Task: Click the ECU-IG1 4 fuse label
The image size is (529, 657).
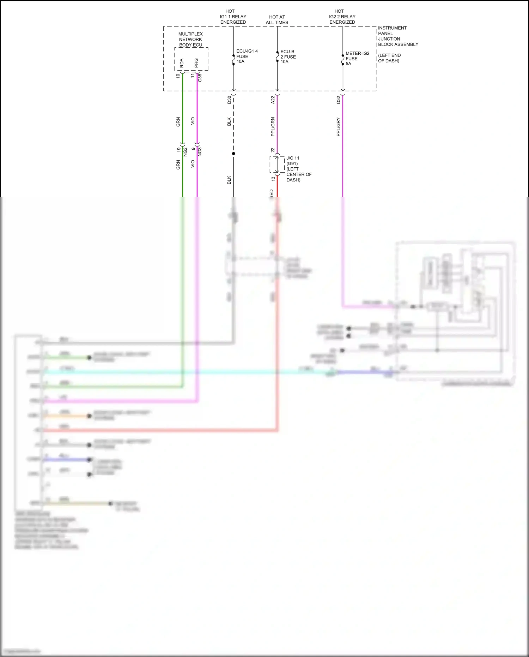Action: coord(247,56)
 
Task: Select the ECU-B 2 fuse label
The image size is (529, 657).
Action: coord(288,57)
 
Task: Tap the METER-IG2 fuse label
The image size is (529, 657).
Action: coord(357,59)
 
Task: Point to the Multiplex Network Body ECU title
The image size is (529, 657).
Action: coord(190,40)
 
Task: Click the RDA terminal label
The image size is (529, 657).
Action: coord(182,63)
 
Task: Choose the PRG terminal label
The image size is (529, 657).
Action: coord(196,63)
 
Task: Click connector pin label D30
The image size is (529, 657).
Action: coord(229,100)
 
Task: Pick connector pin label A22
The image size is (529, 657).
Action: coord(273,100)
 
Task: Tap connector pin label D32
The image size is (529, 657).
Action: coord(338,100)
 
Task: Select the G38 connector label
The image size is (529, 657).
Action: coord(200,78)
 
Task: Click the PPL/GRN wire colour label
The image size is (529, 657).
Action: coord(273,127)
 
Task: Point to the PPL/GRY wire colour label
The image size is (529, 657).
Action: coord(338,127)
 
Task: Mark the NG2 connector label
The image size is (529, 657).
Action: coord(185,152)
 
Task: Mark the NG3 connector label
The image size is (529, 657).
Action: coord(200,152)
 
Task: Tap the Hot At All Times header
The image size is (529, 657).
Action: coord(277,20)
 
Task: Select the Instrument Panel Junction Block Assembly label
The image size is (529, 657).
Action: coord(398,36)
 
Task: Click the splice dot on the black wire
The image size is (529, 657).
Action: coord(233,154)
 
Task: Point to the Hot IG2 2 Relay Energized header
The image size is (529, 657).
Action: coord(342,17)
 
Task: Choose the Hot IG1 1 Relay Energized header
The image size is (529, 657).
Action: coord(233,17)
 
